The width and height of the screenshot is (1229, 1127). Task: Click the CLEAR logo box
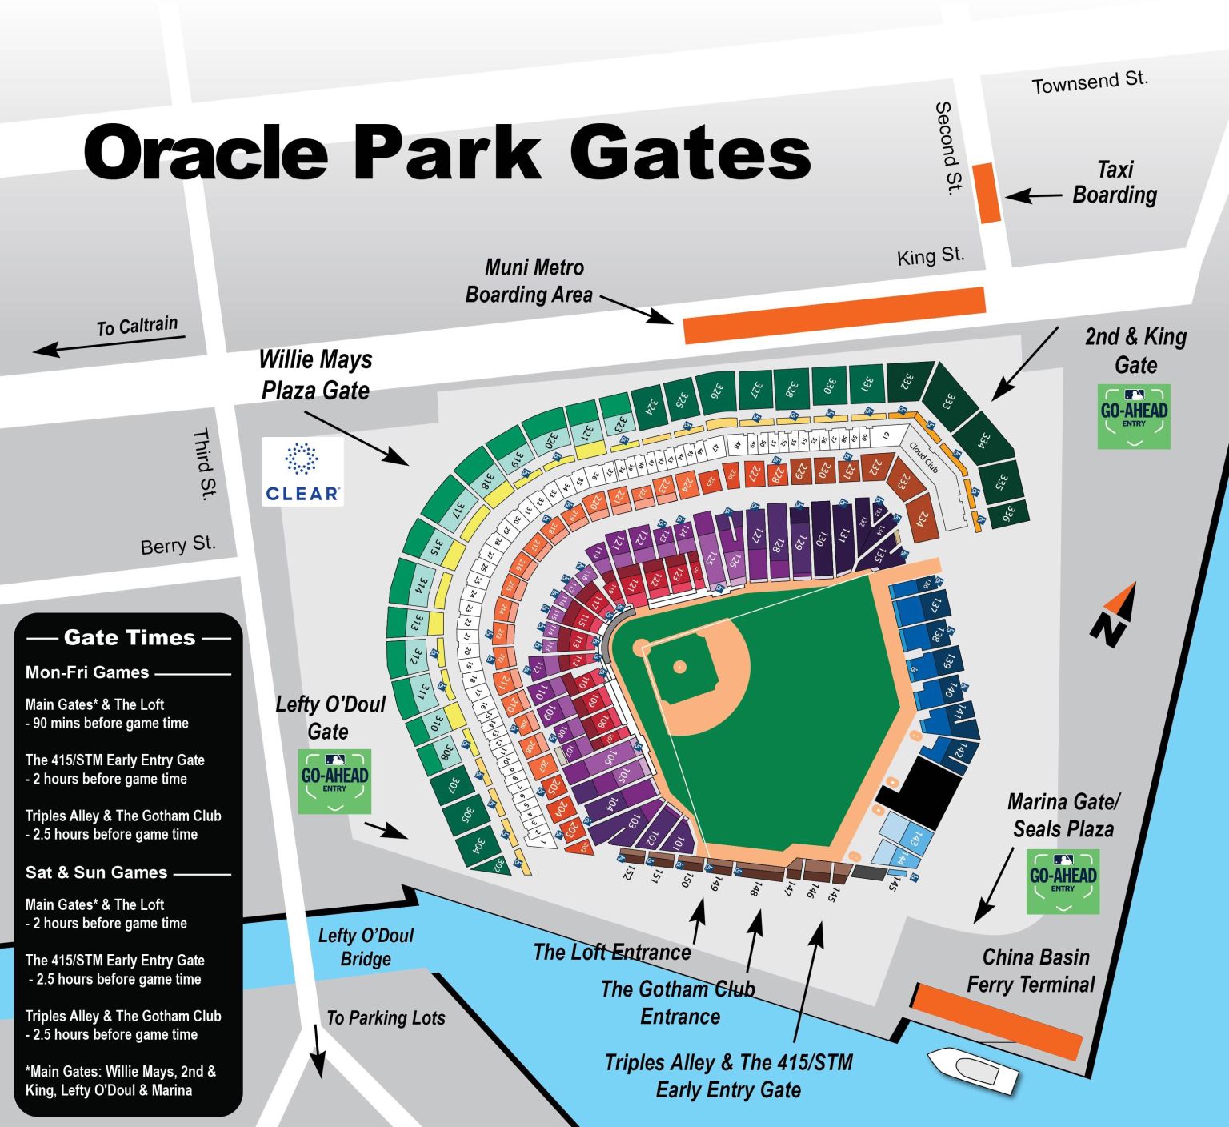tap(302, 471)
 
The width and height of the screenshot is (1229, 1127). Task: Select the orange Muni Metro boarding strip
tap(835, 315)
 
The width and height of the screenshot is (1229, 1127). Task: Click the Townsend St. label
tap(1090, 82)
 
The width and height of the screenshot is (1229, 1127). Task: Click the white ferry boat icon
tap(971, 1070)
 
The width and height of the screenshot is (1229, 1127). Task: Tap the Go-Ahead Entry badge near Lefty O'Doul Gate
tap(334, 781)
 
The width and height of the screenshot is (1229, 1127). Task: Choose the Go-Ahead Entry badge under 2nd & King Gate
tap(1134, 416)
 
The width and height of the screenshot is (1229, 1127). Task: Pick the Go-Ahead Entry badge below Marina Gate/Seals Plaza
tap(1063, 881)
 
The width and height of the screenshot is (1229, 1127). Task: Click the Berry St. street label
tap(178, 545)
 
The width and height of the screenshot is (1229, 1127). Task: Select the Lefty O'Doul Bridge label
tap(366, 947)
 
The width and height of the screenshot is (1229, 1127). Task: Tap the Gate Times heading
tap(129, 638)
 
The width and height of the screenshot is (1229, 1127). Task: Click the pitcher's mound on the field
tap(679, 666)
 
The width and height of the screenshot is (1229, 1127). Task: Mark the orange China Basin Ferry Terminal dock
tap(997, 1021)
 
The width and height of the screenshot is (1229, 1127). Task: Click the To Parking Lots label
tap(386, 1018)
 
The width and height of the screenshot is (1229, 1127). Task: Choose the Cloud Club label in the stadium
tap(923, 457)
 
